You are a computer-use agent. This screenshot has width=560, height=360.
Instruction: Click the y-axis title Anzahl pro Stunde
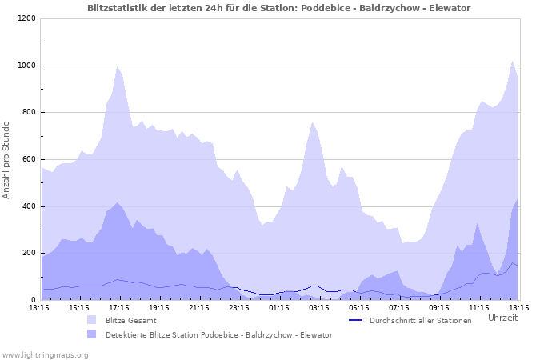click(6, 159)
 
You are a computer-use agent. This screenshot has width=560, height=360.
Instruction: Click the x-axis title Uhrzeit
click(502, 318)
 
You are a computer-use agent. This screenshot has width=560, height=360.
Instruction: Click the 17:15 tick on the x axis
click(119, 307)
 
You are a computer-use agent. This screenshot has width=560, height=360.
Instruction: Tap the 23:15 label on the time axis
click(239, 307)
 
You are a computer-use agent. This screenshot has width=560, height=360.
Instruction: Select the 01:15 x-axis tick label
click(279, 307)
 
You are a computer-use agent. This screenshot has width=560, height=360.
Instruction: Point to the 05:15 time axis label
click(359, 307)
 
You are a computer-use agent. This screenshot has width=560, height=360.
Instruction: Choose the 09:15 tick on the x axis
click(439, 307)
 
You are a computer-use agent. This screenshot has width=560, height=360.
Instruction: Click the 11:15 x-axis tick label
click(479, 307)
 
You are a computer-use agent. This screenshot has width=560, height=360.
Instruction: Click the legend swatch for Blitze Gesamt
click(91, 320)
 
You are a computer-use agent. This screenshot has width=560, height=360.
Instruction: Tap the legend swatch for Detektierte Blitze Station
click(91, 334)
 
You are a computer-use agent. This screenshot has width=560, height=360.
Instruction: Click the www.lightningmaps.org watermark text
click(45, 354)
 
